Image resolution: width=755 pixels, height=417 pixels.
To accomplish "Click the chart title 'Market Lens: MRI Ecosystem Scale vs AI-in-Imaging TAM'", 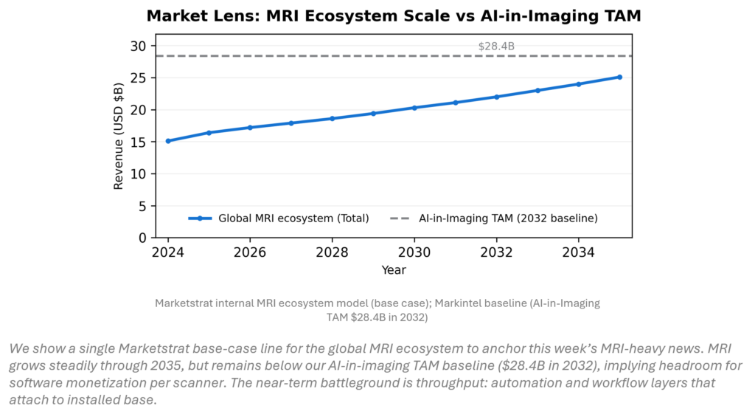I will pyautogui.click(x=394, y=15).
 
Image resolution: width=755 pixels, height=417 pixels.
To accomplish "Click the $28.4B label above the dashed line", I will pyautogui.click(x=496, y=46).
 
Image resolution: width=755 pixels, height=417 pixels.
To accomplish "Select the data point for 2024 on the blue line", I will pyautogui.click(x=168, y=141).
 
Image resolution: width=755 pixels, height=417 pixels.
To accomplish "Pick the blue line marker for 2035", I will pyautogui.click(x=619, y=77).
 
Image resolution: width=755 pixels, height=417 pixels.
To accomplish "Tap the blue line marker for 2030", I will pyautogui.click(x=414, y=108).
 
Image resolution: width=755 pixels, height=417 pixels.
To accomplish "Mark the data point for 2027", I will pyautogui.click(x=291, y=123).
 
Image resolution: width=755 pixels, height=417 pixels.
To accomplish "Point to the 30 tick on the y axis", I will pyautogui.click(x=138, y=46).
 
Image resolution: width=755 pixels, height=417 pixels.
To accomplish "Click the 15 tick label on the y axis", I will pyautogui.click(x=138, y=142).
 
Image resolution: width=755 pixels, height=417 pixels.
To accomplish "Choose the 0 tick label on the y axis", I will pyautogui.click(x=142, y=238).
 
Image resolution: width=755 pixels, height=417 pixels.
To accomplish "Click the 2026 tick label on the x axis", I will pyautogui.click(x=250, y=253).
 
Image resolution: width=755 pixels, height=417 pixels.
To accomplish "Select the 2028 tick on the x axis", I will pyautogui.click(x=333, y=253).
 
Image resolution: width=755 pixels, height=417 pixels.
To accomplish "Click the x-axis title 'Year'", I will pyautogui.click(x=394, y=270).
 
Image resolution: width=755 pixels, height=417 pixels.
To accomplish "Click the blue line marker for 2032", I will pyautogui.click(x=496, y=97).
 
